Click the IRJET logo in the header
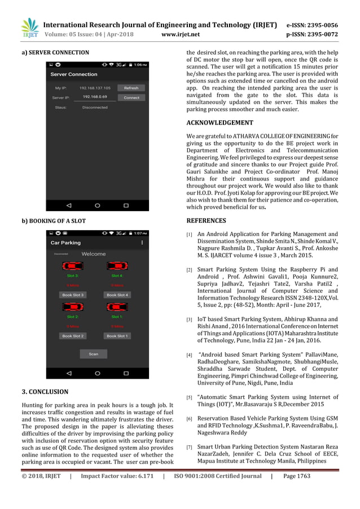28,29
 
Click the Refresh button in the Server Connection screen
131,88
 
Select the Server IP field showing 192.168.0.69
95,97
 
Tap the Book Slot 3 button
72,295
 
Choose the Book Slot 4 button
117,295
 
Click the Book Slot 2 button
72,336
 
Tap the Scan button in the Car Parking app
93,354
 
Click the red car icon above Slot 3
72,266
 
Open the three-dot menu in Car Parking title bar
142,243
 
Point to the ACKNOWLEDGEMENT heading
219,122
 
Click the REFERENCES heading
206,221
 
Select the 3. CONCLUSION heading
45,392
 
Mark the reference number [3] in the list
190,321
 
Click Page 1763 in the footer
296,492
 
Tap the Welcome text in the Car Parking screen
93,254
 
